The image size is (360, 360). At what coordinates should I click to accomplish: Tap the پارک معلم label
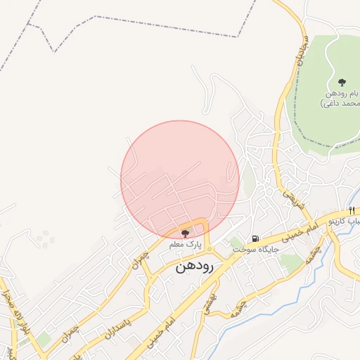185,245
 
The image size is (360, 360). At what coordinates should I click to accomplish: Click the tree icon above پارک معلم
186,233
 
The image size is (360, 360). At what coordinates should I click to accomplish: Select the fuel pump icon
256,238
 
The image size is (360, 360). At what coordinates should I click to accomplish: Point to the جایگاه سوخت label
257,249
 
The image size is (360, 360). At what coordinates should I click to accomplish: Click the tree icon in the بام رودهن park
342,83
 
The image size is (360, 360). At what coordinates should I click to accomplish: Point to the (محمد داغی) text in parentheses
340,103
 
